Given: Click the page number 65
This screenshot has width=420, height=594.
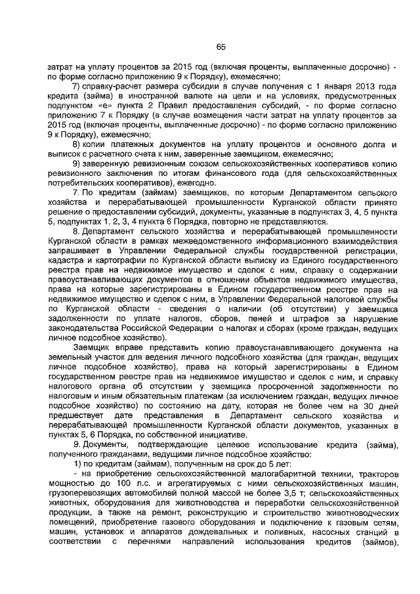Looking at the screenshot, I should coord(220,46).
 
